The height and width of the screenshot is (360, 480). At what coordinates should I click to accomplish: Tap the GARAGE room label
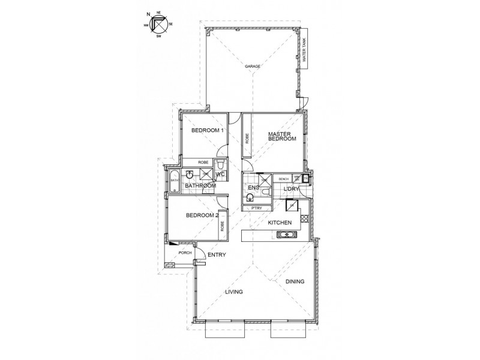point(252,65)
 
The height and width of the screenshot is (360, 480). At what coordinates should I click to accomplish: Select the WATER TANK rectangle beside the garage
point(304,49)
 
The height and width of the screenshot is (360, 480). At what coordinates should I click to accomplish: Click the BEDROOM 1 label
point(207,131)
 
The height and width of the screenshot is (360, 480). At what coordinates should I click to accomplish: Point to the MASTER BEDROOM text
point(282,136)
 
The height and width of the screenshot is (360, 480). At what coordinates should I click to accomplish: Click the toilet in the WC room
point(221,164)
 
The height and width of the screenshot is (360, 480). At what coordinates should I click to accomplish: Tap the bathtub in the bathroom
point(175,179)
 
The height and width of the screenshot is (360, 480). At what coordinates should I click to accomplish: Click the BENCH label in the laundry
point(283,179)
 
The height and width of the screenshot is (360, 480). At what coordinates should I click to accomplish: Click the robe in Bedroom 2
point(223,226)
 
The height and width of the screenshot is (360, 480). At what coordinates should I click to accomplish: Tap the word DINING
point(295,281)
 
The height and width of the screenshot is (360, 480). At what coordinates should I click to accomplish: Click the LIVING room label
point(233,292)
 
